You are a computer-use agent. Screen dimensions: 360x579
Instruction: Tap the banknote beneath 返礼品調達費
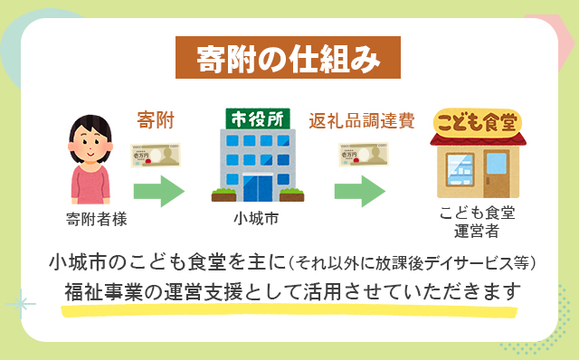[x=362, y=155]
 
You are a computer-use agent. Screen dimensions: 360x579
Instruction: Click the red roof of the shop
[x=476, y=140]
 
